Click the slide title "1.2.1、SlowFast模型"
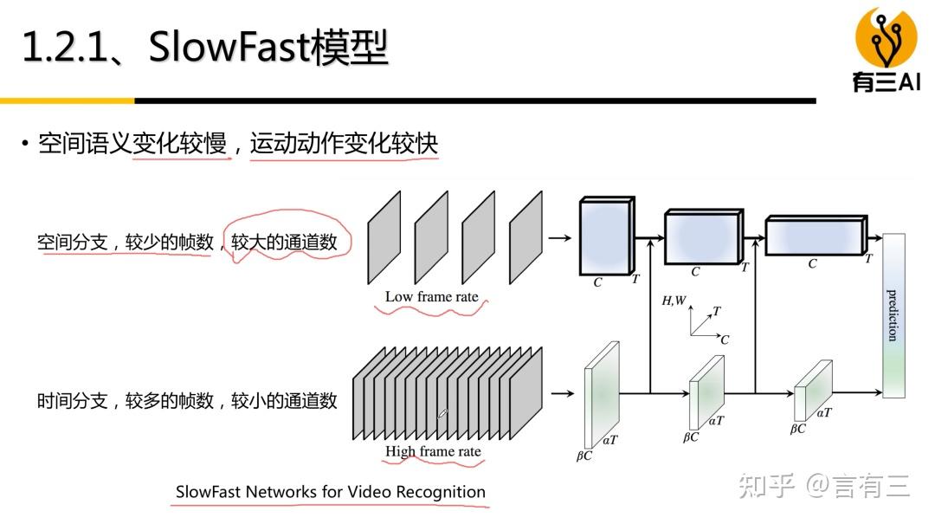click(204, 47)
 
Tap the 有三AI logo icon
click(886, 38)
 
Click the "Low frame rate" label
click(431, 297)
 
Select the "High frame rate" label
click(433, 452)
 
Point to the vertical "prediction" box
click(893, 315)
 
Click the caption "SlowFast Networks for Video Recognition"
click(330, 492)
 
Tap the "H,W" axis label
click(674, 301)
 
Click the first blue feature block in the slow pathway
click(605, 236)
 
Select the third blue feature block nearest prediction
click(814, 236)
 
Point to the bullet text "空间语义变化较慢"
click(132, 143)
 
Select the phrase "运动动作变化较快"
click(344, 143)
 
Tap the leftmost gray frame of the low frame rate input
click(384, 237)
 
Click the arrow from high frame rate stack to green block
click(562, 393)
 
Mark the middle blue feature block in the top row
click(702, 236)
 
